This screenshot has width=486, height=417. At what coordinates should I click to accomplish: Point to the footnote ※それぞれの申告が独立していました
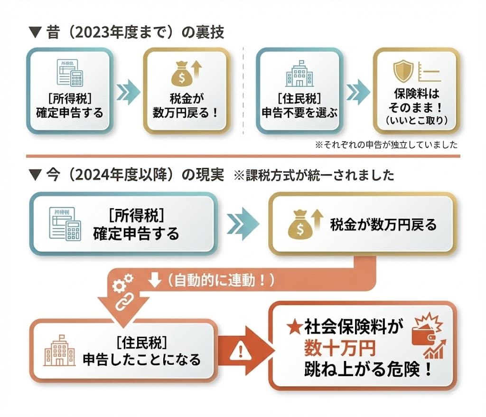(387, 144)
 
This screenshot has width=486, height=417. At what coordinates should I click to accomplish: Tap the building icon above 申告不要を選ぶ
(299, 74)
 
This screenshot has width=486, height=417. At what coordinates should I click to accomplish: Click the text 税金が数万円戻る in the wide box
(383, 225)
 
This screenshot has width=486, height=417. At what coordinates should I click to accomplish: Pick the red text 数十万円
(340, 349)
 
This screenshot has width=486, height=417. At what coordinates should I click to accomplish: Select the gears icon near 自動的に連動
(122, 283)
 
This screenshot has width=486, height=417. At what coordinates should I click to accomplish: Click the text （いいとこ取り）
(416, 121)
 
